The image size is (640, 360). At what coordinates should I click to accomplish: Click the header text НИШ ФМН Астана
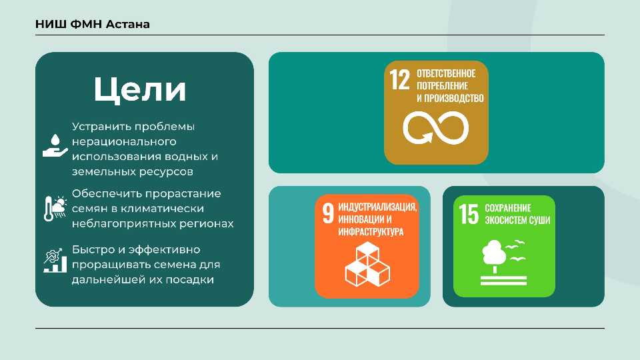(x=93, y=24)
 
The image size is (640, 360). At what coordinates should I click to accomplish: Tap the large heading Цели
(x=140, y=89)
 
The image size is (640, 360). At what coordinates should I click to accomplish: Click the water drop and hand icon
(x=55, y=146)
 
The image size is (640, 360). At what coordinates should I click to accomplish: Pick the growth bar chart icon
(x=55, y=260)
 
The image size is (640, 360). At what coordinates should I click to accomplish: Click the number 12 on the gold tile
(x=399, y=79)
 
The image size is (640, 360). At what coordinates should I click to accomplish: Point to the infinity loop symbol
(x=436, y=128)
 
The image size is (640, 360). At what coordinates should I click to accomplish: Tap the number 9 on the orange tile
(x=328, y=213)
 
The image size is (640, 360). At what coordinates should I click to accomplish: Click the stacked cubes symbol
(x=367, y=264)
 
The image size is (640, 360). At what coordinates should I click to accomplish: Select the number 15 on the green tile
(x=469, y=214)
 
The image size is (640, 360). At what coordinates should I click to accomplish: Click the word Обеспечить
(x=107, y=193)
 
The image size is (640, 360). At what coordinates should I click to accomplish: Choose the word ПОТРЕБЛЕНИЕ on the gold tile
(x=442, y=86)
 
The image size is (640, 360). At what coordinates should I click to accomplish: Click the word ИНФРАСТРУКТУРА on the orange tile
(x=371, y=232)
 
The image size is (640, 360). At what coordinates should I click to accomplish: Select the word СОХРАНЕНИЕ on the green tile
(x=508, y=208)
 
